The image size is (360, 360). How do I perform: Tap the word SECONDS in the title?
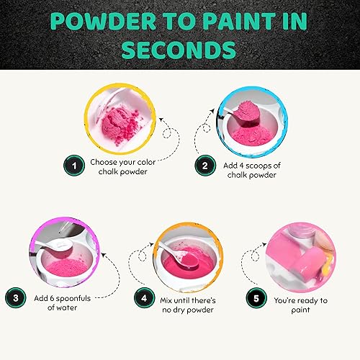click(180, 50)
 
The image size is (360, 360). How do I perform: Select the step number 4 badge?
click(147, 296)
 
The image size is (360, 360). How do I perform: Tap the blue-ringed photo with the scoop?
click(238, 115)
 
